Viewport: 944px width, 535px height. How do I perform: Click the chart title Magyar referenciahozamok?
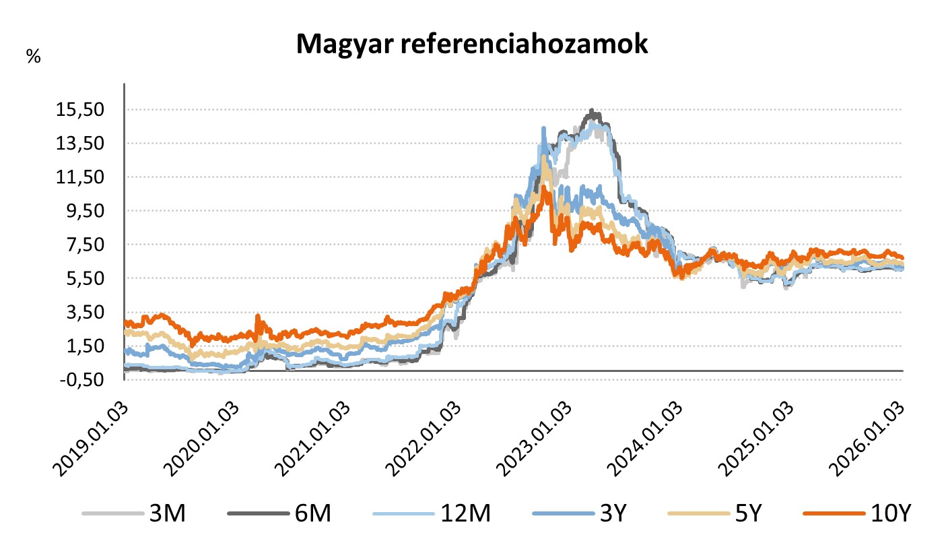tap(471, 44)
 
